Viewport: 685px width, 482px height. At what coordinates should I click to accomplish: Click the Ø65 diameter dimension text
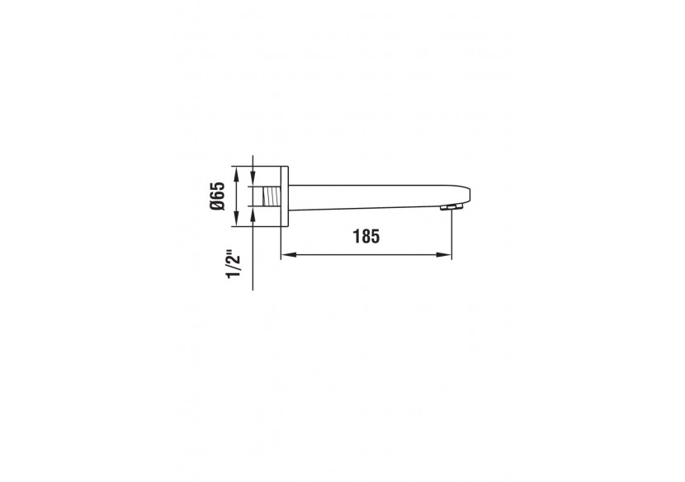(x=217, y=196)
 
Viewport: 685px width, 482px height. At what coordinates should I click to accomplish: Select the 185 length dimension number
(x=366, y=236)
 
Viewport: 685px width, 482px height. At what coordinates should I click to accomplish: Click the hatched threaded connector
(x=268, y=196)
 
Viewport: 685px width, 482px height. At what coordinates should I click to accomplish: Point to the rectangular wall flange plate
(x=284, y=196)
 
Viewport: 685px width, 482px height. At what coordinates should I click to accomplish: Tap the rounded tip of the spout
(x=466, y=195)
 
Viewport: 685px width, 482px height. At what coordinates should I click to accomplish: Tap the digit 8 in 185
(x=366, y=236)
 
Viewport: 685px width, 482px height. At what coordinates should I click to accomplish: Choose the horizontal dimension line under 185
(x=366, y=255)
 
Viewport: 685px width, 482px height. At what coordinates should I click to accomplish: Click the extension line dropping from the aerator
(x=452, y=235)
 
